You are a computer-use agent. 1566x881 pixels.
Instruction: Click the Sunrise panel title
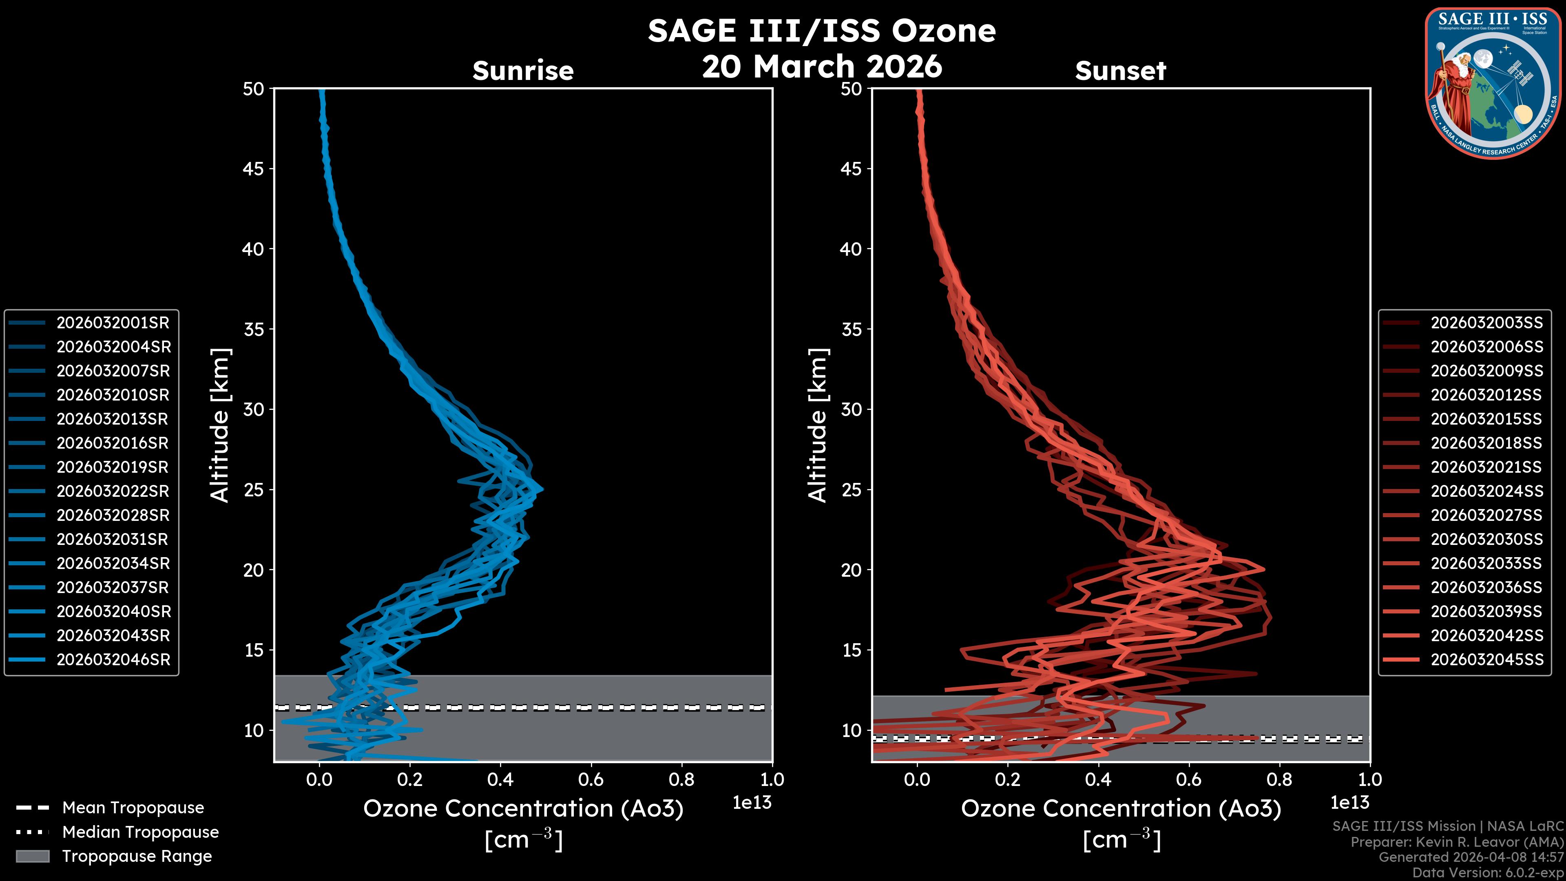tap(523, 71)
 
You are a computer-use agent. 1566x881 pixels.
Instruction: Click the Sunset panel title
tap(1120, 71)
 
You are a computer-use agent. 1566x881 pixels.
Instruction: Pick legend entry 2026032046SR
tap(113, 660)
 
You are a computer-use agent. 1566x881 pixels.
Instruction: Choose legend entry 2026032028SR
tap(113, 515)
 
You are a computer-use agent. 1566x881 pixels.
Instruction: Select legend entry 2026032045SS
tap(1486, 660)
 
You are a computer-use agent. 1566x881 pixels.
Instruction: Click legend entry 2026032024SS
tap(1486, 491)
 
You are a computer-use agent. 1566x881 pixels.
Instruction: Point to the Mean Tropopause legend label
tap(133, 808)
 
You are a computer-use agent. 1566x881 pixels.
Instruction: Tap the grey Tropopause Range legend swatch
tap(32, 856)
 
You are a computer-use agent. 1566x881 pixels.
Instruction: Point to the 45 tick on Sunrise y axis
tap(254, 168)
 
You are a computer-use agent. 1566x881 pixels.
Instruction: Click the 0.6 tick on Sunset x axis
tap(1188, 779)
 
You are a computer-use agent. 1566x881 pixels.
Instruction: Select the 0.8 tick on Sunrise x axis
tap(681, 779)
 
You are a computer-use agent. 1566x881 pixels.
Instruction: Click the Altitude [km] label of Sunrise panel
tap(220, 425)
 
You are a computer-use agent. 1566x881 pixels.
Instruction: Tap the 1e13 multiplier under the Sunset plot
tap(1349, 803)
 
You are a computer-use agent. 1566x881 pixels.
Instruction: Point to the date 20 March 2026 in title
tap(822, 66)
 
